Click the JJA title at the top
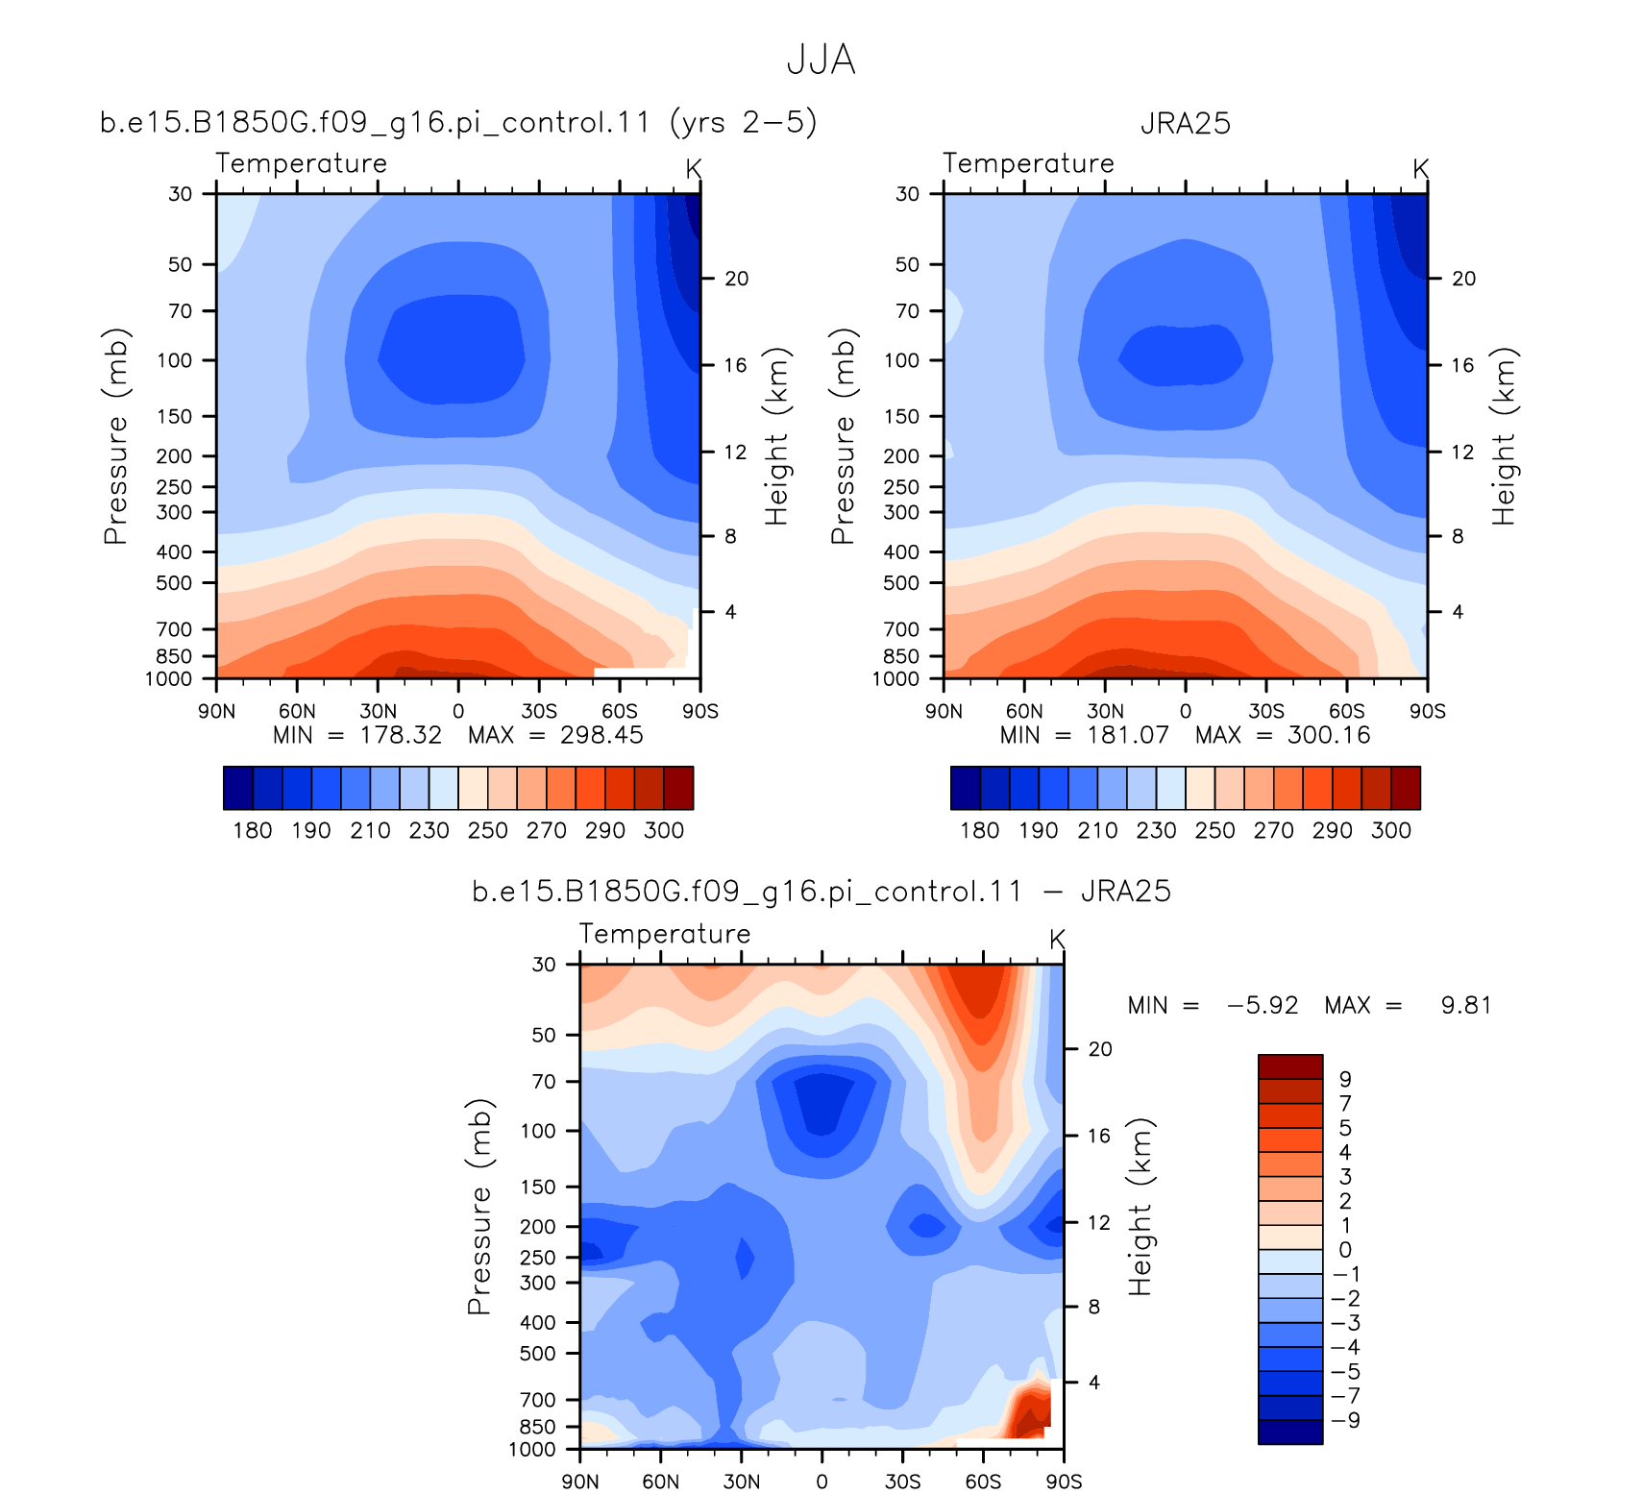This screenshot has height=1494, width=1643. coord(821,60)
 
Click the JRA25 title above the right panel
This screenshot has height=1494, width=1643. coord(1185,124)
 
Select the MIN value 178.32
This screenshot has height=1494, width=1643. coord(401,735)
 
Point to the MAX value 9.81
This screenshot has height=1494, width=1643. coord(1466,1006)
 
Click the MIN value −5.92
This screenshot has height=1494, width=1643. coord(1263,1006)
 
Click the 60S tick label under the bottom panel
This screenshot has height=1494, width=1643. coord(983,1482)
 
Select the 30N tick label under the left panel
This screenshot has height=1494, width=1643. coord(378,712)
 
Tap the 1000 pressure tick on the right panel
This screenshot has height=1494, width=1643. coord(895,679)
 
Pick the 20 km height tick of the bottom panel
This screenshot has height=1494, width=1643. coord(1100,1049)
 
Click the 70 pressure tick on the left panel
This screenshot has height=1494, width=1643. coord(181,311)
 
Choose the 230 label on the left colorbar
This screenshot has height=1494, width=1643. coord(429,831)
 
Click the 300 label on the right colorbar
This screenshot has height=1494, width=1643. coord(1391,831)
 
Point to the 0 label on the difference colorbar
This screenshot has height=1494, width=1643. coord(1345,1250)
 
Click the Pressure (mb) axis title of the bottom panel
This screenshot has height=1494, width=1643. coord(479,1207)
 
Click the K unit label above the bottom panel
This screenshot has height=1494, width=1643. coord(1057,940)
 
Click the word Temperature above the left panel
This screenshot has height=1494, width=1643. coord(301,164)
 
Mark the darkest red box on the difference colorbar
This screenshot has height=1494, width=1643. coord(1290,1066)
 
